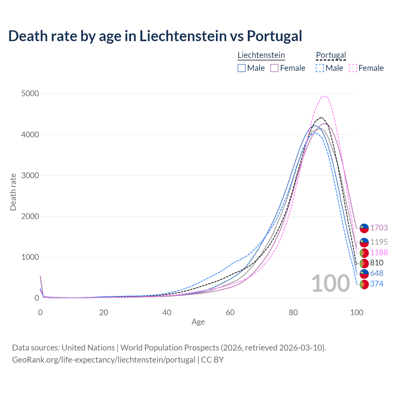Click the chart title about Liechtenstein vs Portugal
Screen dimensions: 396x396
pyautogui.click(x=155, y=36)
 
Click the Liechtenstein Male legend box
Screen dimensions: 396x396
pyautogui.click(x=242, y=68)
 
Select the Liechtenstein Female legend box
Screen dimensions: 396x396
pyautogui.click(x=274, y=68)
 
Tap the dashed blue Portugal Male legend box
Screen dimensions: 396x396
pyautogui.click(x=320, y=68)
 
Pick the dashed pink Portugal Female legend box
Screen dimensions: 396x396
pyautogui.click(x=353, y=68)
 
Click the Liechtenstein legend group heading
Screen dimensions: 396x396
pyautogui.click(x=261, y=55)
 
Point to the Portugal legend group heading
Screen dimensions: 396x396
pyautogui.click(x=331, y=55)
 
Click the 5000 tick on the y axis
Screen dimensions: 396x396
pyautogui.click(x=30, y=94)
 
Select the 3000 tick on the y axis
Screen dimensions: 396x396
pyautogui.click(x=30, y=175)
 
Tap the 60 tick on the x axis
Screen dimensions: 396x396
pyautogui.click(x=230, y=312)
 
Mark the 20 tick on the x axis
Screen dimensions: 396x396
pyautogui.click(x=104, y=312)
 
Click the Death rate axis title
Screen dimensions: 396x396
pyautogui.click(x=13, y=192)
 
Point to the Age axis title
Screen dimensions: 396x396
pyautogui.click(x=198, y=322)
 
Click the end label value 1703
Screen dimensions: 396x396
pyautogui.click(x=379, y=228)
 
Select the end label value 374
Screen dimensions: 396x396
pyautogui.click(x=377, y=284)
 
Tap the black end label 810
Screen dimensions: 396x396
pyautogui.click(x=377, y=263)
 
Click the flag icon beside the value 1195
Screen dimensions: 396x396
pyautogui.click(x=364, y=242)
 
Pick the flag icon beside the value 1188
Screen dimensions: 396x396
pyautogui.click(x=364, y=253)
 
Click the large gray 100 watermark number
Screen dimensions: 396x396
pyautogui.click(x=330, y=283)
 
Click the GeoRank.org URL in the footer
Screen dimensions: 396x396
pyautogui.click(x=104, y=360)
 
